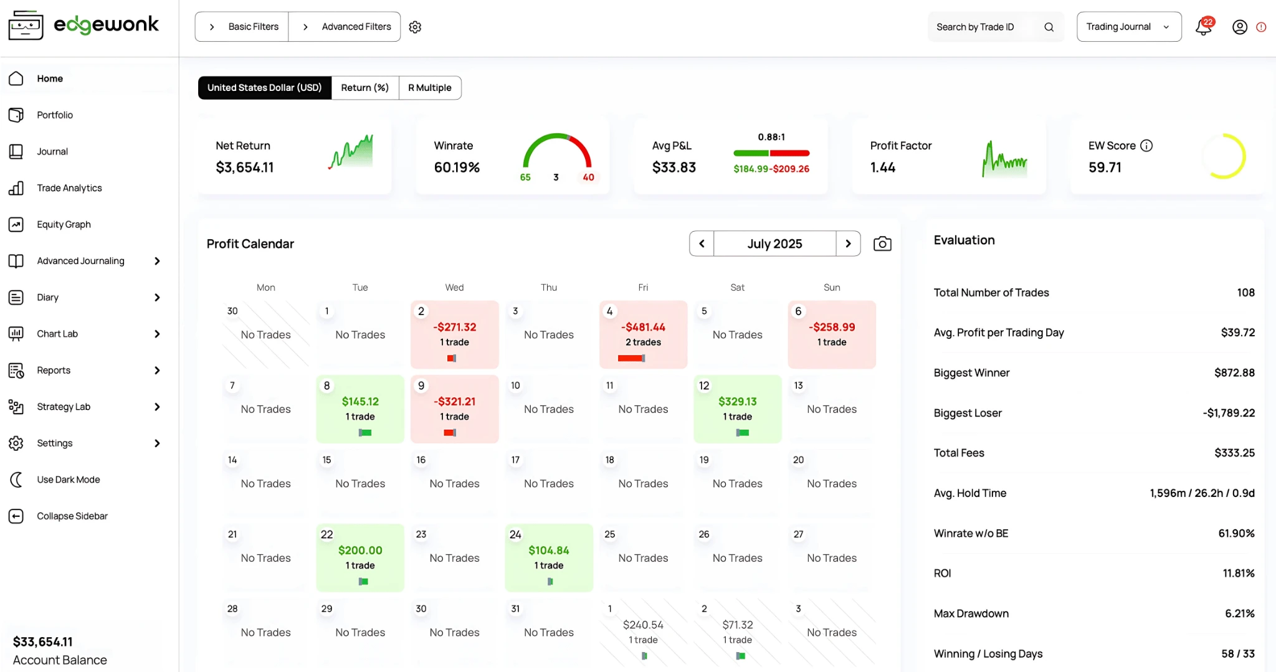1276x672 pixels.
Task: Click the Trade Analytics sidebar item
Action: point(69,188)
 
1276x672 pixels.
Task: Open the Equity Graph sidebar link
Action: point(63,224)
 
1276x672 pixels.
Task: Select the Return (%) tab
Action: point(364,88)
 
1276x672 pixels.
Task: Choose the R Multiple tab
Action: point(429,88)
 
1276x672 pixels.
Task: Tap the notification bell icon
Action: point(1203,27)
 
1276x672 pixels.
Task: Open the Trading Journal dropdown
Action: point(1128,27)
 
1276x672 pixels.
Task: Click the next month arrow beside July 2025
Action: point(848,244)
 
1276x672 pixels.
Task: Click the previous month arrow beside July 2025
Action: point(702,244)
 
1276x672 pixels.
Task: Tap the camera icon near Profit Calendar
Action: point(882,244)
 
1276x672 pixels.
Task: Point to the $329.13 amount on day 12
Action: point(737,402)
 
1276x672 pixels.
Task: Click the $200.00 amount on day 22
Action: point(360,551)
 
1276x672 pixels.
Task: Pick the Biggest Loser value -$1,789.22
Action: point(1228,413)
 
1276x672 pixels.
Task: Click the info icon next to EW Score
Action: point(1146,146)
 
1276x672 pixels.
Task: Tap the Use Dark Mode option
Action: point(68,480)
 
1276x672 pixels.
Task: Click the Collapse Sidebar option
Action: point(72,516)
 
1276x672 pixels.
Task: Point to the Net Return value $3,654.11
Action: point(244,168)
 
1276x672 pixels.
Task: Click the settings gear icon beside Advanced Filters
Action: point(415,27)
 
